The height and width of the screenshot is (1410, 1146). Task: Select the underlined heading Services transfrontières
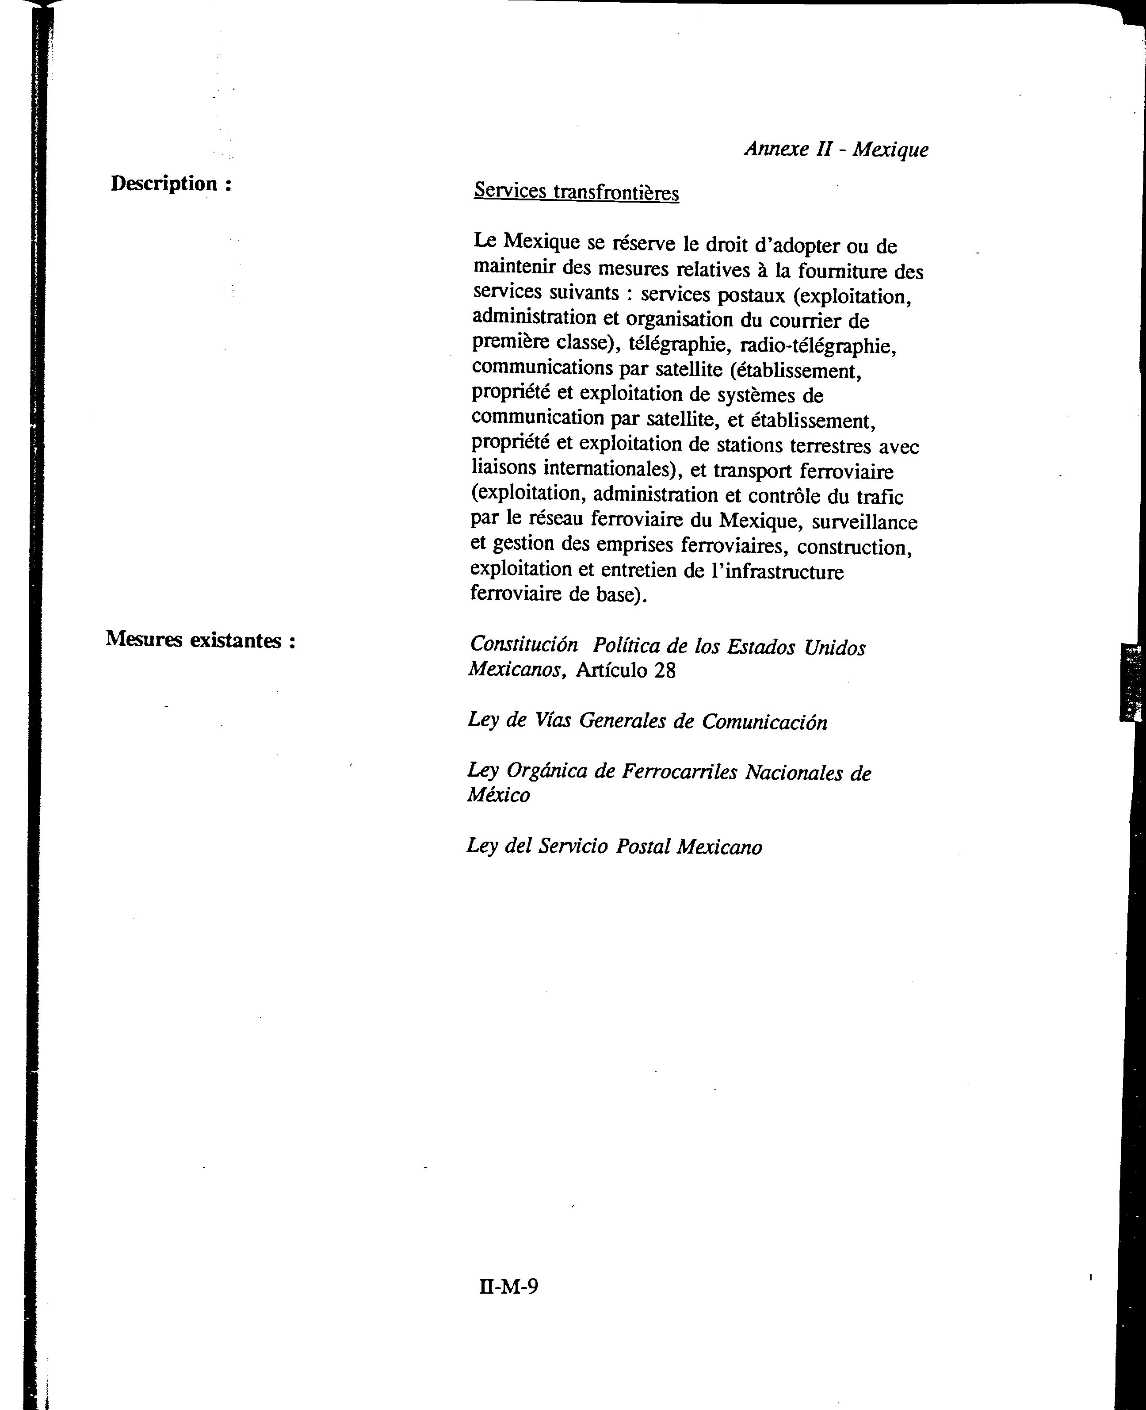tap(576, 192)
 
